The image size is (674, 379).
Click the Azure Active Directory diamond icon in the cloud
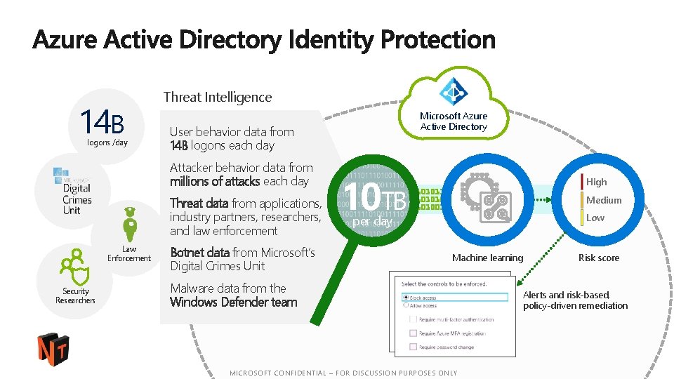[x=454, y=91]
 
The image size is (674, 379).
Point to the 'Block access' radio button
[x=405, y=298]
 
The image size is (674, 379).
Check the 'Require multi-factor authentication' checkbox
[x=412, y=319]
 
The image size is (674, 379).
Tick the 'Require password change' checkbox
[x=412, y=347]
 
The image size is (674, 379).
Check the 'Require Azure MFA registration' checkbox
[x=412, y=333]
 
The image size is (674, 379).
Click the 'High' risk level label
[x=596, y=182]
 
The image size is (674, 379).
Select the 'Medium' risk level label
[x=604, y=200]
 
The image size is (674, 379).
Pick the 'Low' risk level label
[x=595, y=218]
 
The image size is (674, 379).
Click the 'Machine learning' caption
[x=487, y=258]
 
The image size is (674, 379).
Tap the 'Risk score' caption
[x=598, y=258]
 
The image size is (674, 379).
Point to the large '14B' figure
[x=103, y=123]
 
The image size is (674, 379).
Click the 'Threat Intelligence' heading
[x=218, y=97]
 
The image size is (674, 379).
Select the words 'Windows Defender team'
[x=234, y=302]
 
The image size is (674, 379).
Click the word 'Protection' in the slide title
[x=438, y=39]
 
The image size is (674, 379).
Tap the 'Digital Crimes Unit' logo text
[x=77, y=199]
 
